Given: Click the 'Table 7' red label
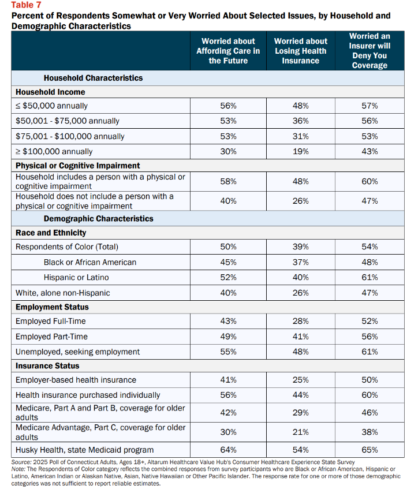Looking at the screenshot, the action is [x=26, y=5].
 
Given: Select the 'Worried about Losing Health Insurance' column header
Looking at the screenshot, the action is [x=301, y=51].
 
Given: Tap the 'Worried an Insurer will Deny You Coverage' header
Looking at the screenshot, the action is [x=370, y=51].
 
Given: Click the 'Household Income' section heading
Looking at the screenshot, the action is [x=50, y=92].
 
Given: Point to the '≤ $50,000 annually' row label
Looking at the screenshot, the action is [x=51, y=106].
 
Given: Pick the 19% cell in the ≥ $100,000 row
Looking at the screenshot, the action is [x=301, y=152].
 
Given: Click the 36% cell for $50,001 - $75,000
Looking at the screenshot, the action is [x=301, y=121].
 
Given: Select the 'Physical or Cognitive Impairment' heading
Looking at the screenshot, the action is [x=78, y=166].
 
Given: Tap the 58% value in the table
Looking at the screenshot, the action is [x=228, y=181].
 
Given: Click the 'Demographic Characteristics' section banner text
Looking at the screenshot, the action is [x=98, y=219].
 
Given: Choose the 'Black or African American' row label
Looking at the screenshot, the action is [x=90, y=262].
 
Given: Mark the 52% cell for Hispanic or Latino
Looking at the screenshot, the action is [x=228, y=278].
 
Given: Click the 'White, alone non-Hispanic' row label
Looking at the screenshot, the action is [x=63, y=293].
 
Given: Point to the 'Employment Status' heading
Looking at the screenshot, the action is [x=52, y=307].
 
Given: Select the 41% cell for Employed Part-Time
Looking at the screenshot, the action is [x=301, y=337].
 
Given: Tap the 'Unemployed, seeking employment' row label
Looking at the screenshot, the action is [x=78, y=352].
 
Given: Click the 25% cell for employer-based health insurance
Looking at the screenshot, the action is [x=301, y=380].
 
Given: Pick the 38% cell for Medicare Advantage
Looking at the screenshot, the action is [x=370, y=432].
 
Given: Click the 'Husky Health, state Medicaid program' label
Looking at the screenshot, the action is [x=84, y=450].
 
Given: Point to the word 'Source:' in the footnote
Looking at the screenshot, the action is [x=21, y=462].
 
